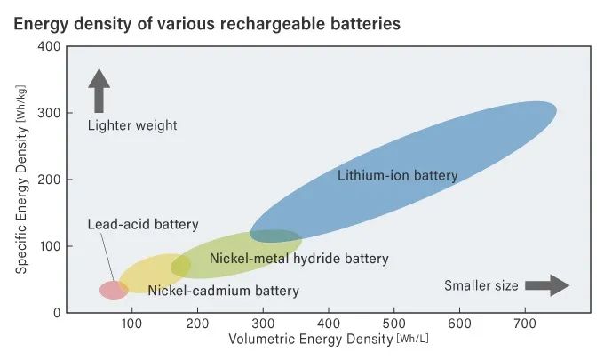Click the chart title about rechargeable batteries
coord(206,22)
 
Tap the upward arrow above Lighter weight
coord(99,91)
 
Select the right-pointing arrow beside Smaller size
coord(546,285)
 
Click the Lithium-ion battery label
coord(398,175)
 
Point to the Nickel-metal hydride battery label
coord(299,259)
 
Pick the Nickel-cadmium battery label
coord(223,291)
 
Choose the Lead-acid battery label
coord(143,224)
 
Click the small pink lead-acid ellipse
coord(113,289)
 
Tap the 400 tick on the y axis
coord(50,46)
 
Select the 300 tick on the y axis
coord(50,113)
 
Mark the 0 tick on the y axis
coord(55,312)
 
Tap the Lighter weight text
coord(132,125)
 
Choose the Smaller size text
coord(480,285)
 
